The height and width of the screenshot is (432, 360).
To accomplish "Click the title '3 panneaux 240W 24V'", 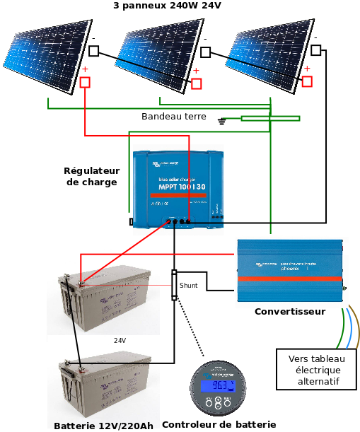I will click(x=167, y=6).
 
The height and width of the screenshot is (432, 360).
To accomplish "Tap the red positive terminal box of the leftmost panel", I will click(x=86, y=82).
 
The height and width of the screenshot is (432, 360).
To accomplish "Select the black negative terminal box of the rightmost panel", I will click(x=316, y=49).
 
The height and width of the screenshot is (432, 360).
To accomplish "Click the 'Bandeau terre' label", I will click(x=174, y=117).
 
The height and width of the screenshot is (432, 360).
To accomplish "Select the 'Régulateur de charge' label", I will click(x=92, y=177).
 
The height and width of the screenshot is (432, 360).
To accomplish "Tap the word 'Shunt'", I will click(x=188, y=286).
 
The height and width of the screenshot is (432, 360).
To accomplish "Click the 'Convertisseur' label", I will click(x=289, y=312).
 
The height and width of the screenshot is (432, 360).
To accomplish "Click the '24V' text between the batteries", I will click(x=120, y=340).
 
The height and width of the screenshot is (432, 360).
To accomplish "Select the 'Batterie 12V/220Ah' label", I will click(x=103, y=426).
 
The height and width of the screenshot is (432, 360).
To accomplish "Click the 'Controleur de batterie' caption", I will click(x=219, y=425).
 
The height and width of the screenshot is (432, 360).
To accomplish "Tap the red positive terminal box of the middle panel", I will click(x=197, y=83).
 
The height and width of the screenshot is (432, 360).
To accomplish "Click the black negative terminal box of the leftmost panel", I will click(x=93, y=50).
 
